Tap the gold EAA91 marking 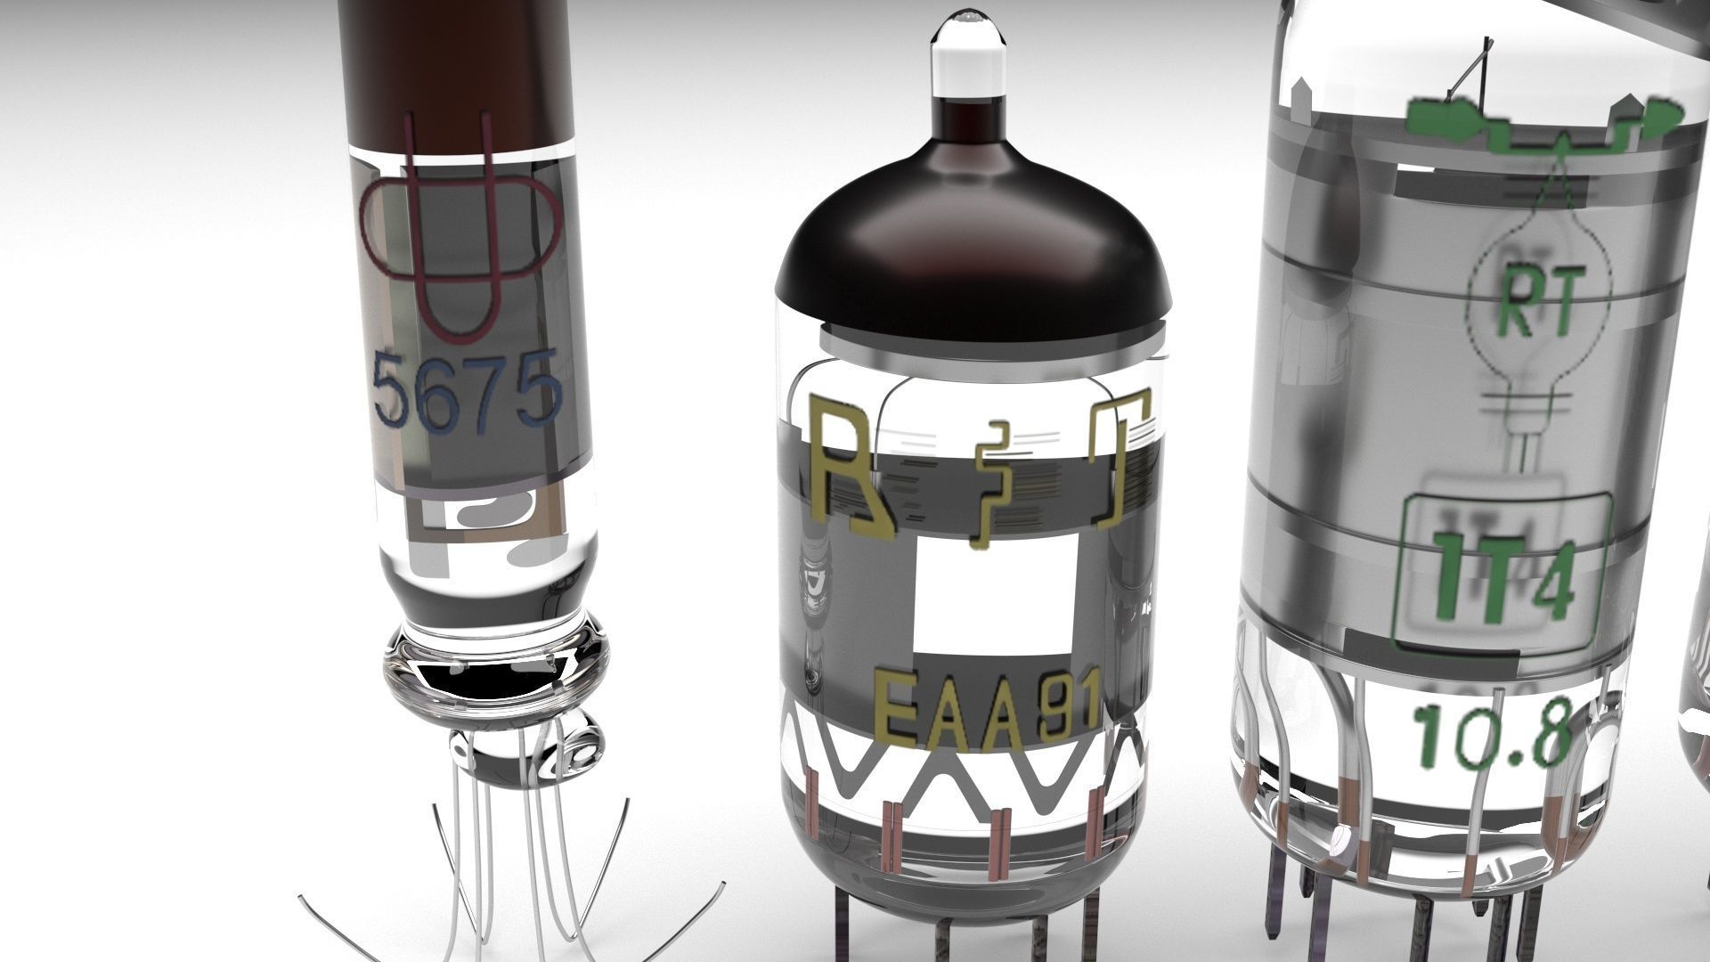[987, 711]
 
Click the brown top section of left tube [454, 71]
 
